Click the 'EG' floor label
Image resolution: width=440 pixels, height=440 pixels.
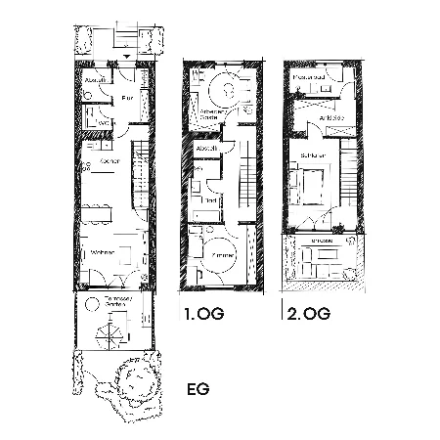click(x=198, y=388)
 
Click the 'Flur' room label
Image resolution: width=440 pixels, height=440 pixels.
click(x=126, y=99)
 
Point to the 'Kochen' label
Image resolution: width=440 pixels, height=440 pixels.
click(x=110, y=161)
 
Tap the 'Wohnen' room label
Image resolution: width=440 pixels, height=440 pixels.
click(x=103, y=253)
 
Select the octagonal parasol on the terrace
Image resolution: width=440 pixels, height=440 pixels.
click(x=108, y=336)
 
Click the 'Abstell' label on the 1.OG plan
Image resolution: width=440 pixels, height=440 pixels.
click(x=206, y=149)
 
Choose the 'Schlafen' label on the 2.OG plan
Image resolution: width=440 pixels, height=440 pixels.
click(x=313, y=155)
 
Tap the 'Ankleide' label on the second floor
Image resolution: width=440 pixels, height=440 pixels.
click(x=330, y=117)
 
